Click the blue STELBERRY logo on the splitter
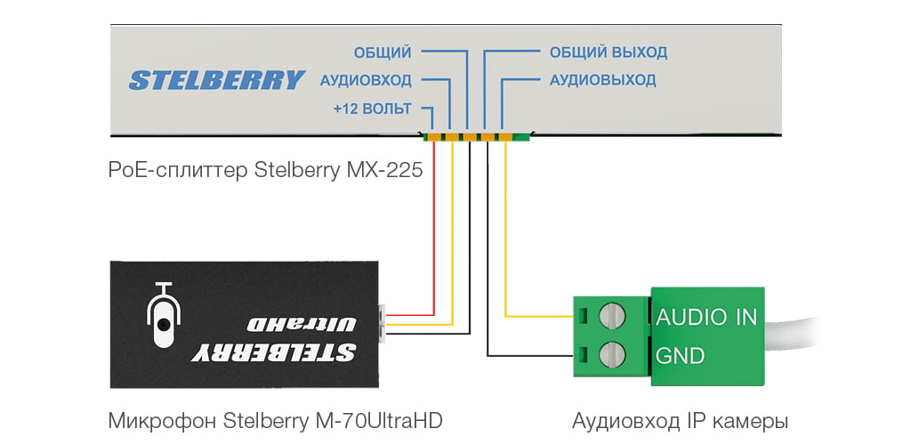[x=216, y=80]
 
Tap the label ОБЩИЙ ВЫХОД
[x=608, y=53]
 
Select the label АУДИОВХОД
[x=365, y=80]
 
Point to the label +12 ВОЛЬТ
[x=372, y=109]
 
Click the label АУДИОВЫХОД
[x=602, y=80]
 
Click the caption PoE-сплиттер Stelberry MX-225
[x=264, y=169]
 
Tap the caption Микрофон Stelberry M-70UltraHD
[x=275, y=419]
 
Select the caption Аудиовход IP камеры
[x=680, y=419]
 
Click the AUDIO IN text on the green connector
[x=706, y=317]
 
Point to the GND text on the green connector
[x=680, y=356]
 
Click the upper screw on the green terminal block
[x=613, y=316]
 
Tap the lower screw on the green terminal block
[x=613, y=355]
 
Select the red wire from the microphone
[x=433, y=231]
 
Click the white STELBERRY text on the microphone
[x=275, y=352]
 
